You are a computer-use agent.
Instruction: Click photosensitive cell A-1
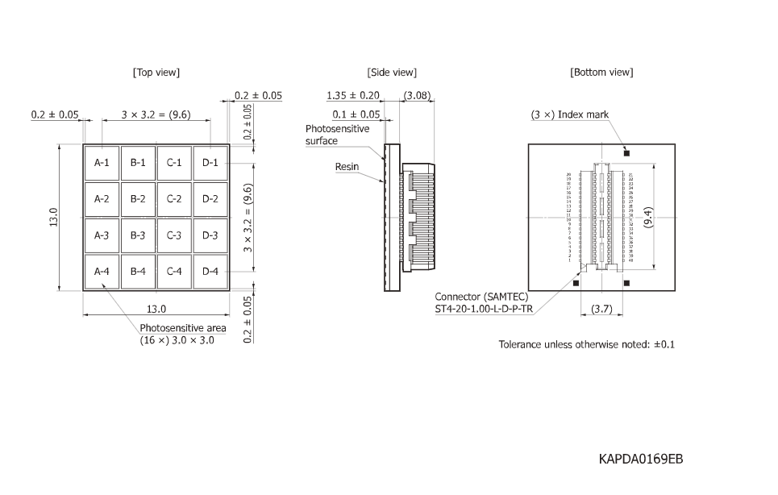pos(102,163)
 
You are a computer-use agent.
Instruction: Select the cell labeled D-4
pos(210,272)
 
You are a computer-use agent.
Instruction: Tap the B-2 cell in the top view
pos(138,199)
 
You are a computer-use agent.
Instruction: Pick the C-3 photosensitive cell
pos(174,235)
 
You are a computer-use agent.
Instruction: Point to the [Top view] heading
pos(156,73)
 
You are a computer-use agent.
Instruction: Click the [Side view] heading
pos(392,73)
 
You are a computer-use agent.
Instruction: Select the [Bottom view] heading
pos(601,73)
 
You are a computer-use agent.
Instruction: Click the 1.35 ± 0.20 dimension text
pos(353,96)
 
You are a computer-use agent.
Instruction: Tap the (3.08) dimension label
pos(417,96)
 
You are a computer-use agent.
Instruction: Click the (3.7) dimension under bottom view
pos(602,308)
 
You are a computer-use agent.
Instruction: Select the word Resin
pos(347,166)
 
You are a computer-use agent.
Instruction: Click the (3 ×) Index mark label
pos(570,115)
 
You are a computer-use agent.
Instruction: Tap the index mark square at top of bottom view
pos(626,153)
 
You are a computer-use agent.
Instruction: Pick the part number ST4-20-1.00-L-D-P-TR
pos(485,309)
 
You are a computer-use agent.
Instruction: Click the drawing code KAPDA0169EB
pos(641,460)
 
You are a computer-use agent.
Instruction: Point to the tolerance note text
pos(586,344)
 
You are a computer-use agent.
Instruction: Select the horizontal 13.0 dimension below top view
pos(156,309)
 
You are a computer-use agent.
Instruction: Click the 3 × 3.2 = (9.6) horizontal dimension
pos(156,114)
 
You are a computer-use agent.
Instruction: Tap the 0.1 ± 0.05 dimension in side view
pos(356,114)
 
